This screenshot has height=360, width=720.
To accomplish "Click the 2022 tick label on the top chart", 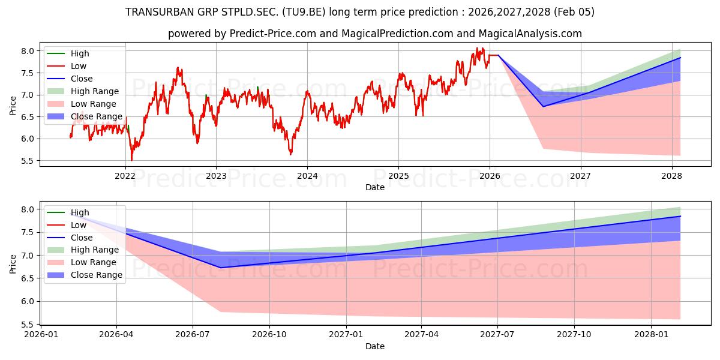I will (125, 176).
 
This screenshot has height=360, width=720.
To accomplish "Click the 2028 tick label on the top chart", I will (671, 176).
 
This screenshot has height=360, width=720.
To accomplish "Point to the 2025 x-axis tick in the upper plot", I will (398, 176).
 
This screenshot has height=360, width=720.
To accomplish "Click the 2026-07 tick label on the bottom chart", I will (193, 334).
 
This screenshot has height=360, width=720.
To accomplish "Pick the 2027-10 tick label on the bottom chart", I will (574, 334).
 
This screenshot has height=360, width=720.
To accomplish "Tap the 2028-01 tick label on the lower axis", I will (651, 334).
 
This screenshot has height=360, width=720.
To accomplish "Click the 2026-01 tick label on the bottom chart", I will (40, 334).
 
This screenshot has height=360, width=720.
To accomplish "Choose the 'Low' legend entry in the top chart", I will (79, 66).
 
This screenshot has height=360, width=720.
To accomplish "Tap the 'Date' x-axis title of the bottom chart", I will (375, 346).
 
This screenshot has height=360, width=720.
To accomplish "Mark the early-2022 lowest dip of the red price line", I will (131, 160).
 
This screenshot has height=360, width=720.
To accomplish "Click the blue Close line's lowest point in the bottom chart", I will (221, 268).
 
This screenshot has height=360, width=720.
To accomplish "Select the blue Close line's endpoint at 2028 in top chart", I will (680, 58).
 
